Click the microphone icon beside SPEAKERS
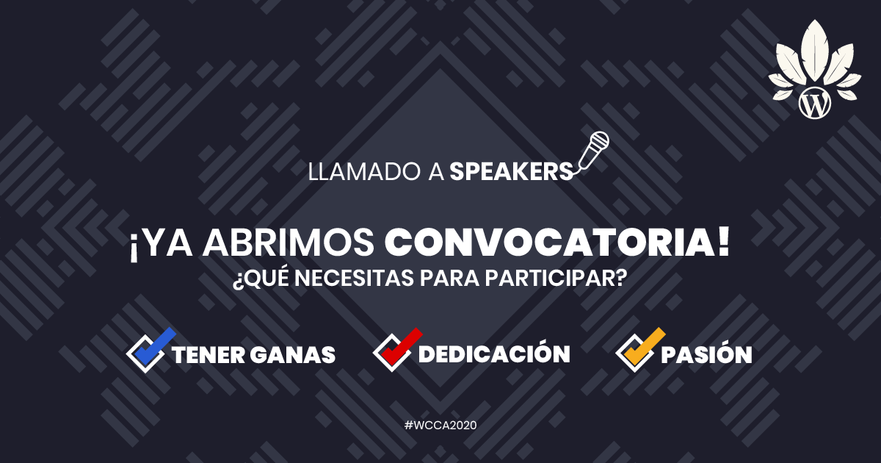593,151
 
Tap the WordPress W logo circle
814,103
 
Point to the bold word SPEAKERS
511,172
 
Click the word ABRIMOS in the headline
288,243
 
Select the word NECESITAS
354,278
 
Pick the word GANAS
293,355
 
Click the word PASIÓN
706,352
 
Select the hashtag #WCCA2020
440,426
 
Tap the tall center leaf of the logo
814,52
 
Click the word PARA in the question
449,278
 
